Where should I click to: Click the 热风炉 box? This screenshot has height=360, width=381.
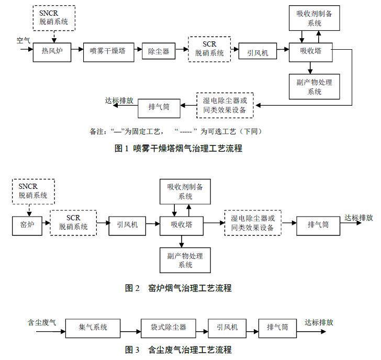(x=52, y=51)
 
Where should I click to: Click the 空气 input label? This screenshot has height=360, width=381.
(x=23, y=40)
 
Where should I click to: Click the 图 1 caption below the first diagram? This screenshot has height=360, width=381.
(x=178, y=148)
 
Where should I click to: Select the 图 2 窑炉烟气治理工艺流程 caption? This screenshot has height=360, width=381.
(x=178, y=288)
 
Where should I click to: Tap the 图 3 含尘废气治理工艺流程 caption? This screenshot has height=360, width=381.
(x=178, y=349)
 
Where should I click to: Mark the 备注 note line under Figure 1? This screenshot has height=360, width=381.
(x=175, y=131)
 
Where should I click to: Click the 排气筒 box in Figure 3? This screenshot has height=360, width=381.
(x=277, y=327)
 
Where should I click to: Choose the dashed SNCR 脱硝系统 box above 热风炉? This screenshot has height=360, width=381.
(x=54, y=18)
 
